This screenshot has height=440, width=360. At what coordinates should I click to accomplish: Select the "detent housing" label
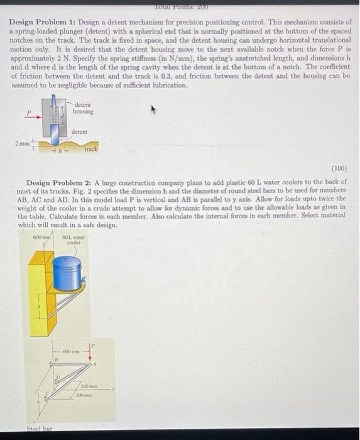(82, 108)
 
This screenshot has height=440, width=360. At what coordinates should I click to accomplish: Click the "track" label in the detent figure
(90, 150)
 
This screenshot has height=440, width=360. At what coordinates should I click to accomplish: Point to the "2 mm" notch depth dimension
(23, 144)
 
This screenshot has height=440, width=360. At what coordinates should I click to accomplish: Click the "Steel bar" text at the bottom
(38, 430)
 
